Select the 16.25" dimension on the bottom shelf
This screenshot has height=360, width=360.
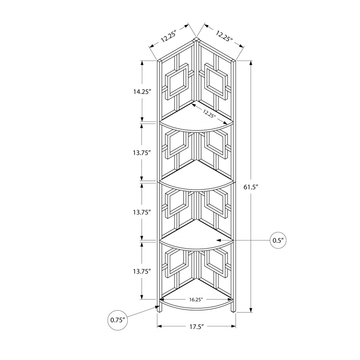coord(196,299)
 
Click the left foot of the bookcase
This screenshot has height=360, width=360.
coord(158,308)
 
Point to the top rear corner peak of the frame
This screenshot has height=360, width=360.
coord(196,39)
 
